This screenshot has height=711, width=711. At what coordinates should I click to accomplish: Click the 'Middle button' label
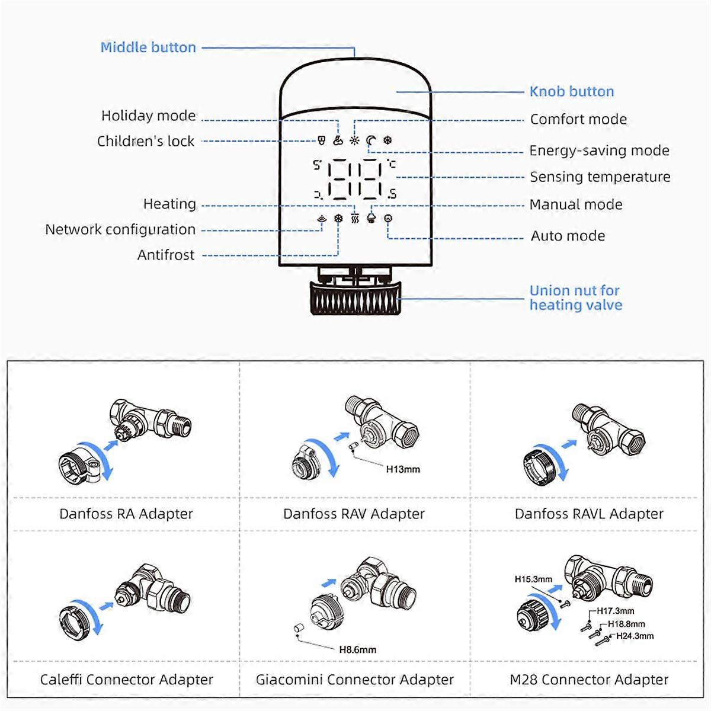pyautogui.click(x=148, y=47)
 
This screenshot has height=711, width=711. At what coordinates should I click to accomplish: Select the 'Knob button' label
pyautogui.click(x=571, y=91)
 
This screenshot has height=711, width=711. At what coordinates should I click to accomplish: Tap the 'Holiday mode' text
pyautogui.click(x=148, y=116)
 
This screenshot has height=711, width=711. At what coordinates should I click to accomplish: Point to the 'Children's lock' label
pyautogui.click(x=146, y=141)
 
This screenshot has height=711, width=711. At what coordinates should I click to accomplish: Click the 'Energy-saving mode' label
pyautogui.click(x=599, y=150)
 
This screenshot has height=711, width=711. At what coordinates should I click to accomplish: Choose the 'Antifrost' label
pyautogui.click(x=166, y=255)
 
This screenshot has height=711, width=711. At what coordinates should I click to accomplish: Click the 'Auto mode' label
pyautogui.click(x=568, y=236)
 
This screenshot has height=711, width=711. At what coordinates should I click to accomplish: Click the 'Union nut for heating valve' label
pyautogui.click(x=575, y=298)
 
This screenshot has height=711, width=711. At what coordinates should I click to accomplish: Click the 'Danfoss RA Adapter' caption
pyautogui.click(x=126, y=514)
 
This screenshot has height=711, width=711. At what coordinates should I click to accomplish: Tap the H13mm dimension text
pyautogui.click(x=403, y=469)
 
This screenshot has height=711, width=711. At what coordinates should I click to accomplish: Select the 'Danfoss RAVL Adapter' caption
pyautogui.click(x=589, y=514)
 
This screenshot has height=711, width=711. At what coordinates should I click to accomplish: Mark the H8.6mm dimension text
pyautogui.click(x=357, y=649)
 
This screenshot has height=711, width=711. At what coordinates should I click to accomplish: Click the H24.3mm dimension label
pyautogui.click(x=635, y=636)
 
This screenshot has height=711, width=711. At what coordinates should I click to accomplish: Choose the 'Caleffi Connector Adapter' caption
pyautogui.click(x=126, y=680)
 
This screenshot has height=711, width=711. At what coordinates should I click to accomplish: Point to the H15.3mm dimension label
pyautogui.click(x=533, y=579)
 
